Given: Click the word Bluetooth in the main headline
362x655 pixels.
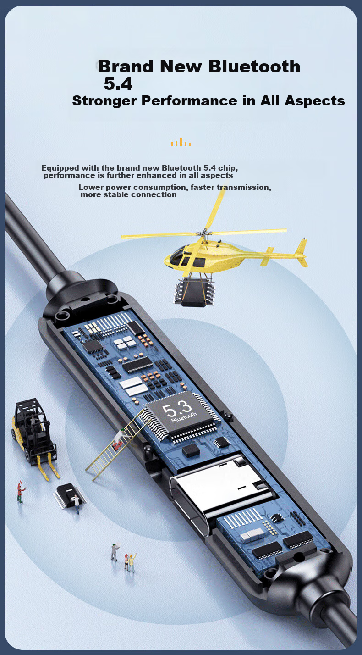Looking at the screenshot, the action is (254, 67).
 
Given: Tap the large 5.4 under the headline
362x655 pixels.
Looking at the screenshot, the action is (118, 84).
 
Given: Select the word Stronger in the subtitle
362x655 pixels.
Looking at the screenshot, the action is (104, 101).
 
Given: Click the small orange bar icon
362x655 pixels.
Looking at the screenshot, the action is (181, 142).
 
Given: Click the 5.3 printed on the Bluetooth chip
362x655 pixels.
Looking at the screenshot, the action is (177, 409).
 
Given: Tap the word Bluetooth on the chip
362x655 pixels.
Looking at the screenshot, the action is (184, 417).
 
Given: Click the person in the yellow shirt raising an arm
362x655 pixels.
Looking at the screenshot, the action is (132, 562).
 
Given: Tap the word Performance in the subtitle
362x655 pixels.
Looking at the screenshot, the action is (189, 101).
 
